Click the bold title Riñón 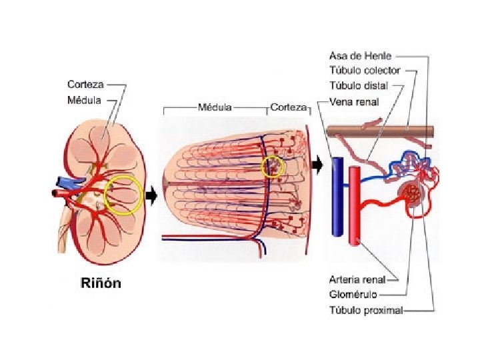tap(97, 283)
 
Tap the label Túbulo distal tap(357, 86)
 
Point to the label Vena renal tap(354, 102)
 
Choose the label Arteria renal tap(361, 280)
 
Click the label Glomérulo tap(353, 294)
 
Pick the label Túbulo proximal tap(366, 309)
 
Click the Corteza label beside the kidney tap(85, 85)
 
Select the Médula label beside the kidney tap(84, 101)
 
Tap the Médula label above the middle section tap(215, 106)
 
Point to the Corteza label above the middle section tap(289, 106)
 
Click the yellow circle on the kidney tap(123, 195)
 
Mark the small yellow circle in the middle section tap(273, 166)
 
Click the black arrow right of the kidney tap(151, 195)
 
